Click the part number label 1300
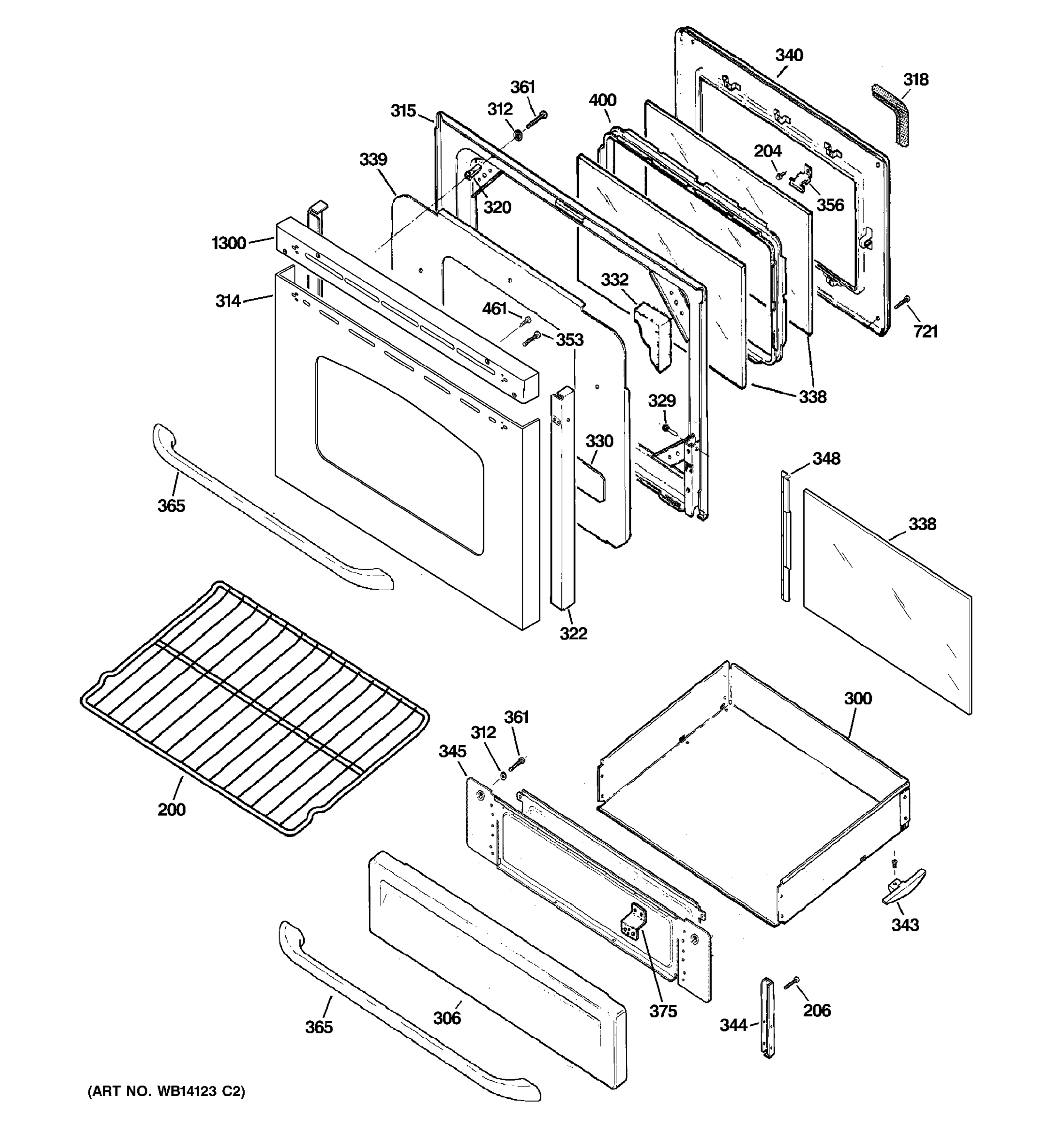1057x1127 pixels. (x=228, y=243)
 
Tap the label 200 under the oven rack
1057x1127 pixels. (x=171, y=809)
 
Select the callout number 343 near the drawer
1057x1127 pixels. (x=905, y=925)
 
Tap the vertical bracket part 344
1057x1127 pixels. (x=767, y=1018)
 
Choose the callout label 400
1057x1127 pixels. (x=602, y=100)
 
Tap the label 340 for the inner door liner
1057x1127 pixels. (x=789, y=55)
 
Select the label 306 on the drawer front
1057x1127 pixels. (x=447, y=1018)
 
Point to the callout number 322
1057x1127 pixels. (x=573, y=633)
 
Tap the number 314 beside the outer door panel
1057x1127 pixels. (x=228, y=301)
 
